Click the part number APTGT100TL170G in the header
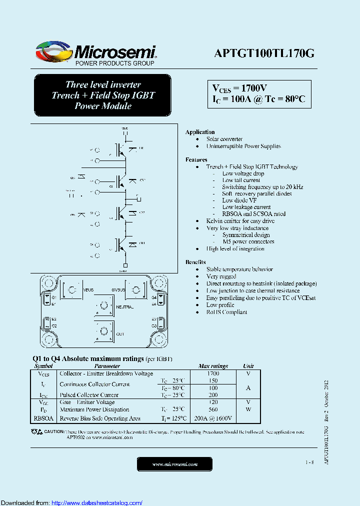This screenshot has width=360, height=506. (264, 54)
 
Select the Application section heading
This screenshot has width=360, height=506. (200, 132)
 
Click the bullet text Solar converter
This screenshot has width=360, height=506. (224, 139)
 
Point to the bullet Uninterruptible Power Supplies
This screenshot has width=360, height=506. (243, 146)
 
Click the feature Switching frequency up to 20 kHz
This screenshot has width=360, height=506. (262, 187)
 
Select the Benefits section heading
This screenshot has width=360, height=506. (195, 262)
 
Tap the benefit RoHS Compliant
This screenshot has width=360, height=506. (226, 312)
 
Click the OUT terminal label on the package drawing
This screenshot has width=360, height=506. (119, 333)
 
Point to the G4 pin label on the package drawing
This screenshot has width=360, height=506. (154, 297)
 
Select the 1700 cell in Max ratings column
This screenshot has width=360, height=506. (213, 373)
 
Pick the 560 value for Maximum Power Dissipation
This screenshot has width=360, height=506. (213, 409)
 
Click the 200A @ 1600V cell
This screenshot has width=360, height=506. (213, 418)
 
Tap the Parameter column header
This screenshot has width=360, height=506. (107, 366)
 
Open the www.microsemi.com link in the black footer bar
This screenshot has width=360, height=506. (175, 464)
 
